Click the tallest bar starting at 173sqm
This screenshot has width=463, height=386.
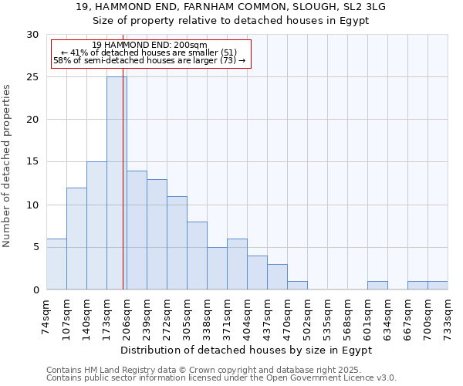pyautogui.click(x=117, y=183)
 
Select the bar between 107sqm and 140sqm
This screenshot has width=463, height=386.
pyautogui.click(x=76, y=239)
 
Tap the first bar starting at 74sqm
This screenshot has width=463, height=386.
pyautogui.click(x=56, y=264)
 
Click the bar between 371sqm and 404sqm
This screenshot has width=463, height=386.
pyautogui.click(x=237, y=264)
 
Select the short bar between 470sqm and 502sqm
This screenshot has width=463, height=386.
pyautogui.click(x=297, y=285)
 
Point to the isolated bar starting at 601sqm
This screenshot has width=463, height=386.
pyautogui.click(x=377, y=285)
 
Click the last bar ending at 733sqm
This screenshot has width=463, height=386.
pyautogui.click(x=438, y=285)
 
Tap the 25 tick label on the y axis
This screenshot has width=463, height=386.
pyautogui.click(x=33, y=77)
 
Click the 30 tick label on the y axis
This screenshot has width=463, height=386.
pyautogui.click(x=33, y=35)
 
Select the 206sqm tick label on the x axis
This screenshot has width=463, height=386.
pyautogui.click(x=127, y=316)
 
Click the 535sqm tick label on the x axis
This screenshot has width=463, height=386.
pyautogui.click(x=327, y=316)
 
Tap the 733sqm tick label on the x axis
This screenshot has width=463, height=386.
pyautogui.click(x=448, y=316)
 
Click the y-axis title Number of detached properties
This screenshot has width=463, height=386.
pyautogui.click(x=8, y=166)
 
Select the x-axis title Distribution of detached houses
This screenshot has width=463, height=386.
pyautogui.click(x=246, y=350)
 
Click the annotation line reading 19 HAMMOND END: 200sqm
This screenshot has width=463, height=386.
pyautogui.click(x=149, y=46)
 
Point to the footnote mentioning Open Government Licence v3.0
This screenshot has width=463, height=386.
pyautogui.click(x=221, y=378)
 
